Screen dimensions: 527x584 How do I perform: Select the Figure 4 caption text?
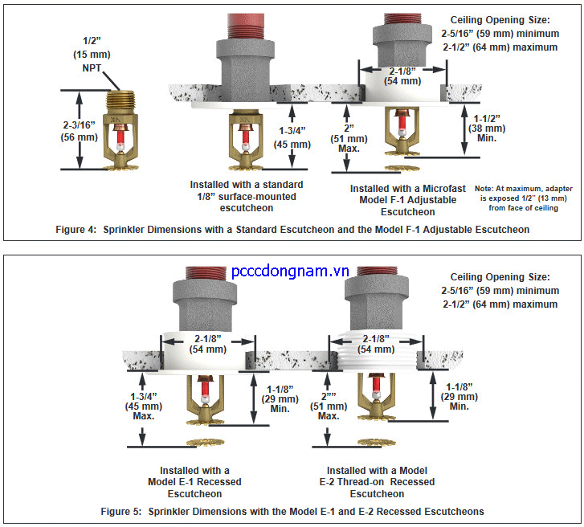click(292, 229)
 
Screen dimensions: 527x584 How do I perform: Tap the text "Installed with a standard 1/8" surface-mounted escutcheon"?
click(239, 195)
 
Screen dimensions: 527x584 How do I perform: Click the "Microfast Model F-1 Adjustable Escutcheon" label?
click(404, 200)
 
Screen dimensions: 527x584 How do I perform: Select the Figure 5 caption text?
click(292, 511)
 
